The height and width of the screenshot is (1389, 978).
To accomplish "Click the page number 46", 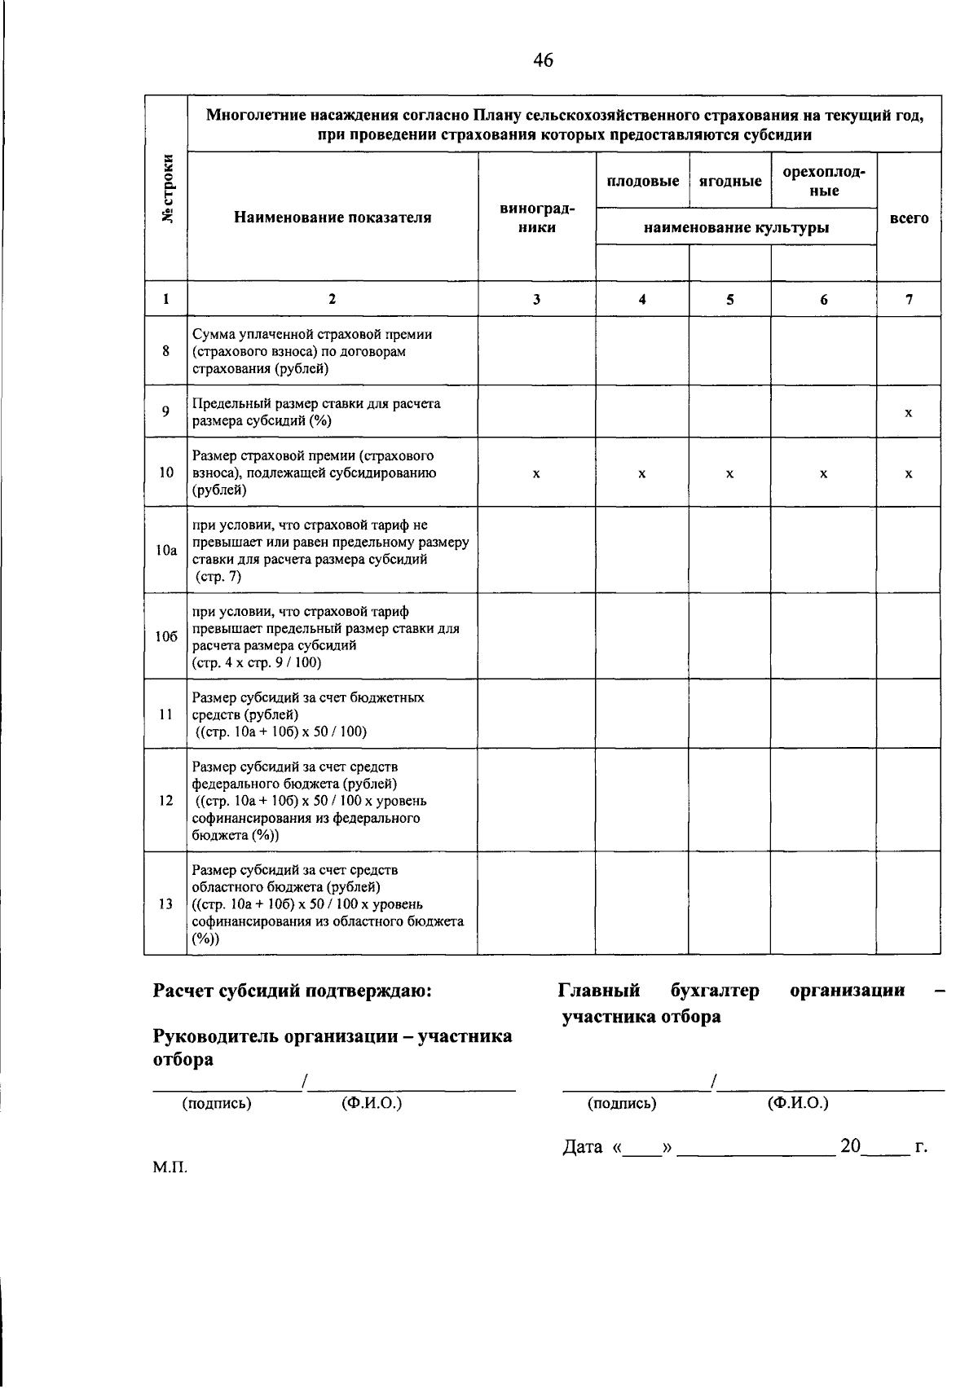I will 543,59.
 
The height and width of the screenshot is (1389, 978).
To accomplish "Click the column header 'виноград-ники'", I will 536,218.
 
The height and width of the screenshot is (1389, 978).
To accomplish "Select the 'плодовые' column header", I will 642,181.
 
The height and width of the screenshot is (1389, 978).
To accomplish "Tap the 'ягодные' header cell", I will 730,181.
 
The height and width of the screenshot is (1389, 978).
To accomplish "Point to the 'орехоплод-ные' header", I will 823,181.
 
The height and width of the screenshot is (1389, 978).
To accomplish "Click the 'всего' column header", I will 909,218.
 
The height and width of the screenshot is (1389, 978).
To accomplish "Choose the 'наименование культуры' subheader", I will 736,228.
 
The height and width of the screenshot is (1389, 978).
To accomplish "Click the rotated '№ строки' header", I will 168,188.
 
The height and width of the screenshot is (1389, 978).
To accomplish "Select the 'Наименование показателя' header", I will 333,218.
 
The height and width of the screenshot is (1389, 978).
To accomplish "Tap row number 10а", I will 166,551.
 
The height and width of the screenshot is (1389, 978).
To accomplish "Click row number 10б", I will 166,637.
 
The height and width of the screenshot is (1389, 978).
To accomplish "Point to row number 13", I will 166,903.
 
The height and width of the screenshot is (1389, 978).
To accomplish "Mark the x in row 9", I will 908,413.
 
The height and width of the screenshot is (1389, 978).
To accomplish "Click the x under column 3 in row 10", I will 535,473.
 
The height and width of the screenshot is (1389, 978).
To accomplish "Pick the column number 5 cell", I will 729,299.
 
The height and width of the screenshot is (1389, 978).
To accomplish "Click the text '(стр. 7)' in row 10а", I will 218,577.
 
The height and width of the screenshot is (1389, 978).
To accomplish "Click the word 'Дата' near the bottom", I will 583,1148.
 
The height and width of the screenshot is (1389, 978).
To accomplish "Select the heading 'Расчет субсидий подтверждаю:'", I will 293,991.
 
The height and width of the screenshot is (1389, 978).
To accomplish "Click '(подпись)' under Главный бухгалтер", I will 622,1104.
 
